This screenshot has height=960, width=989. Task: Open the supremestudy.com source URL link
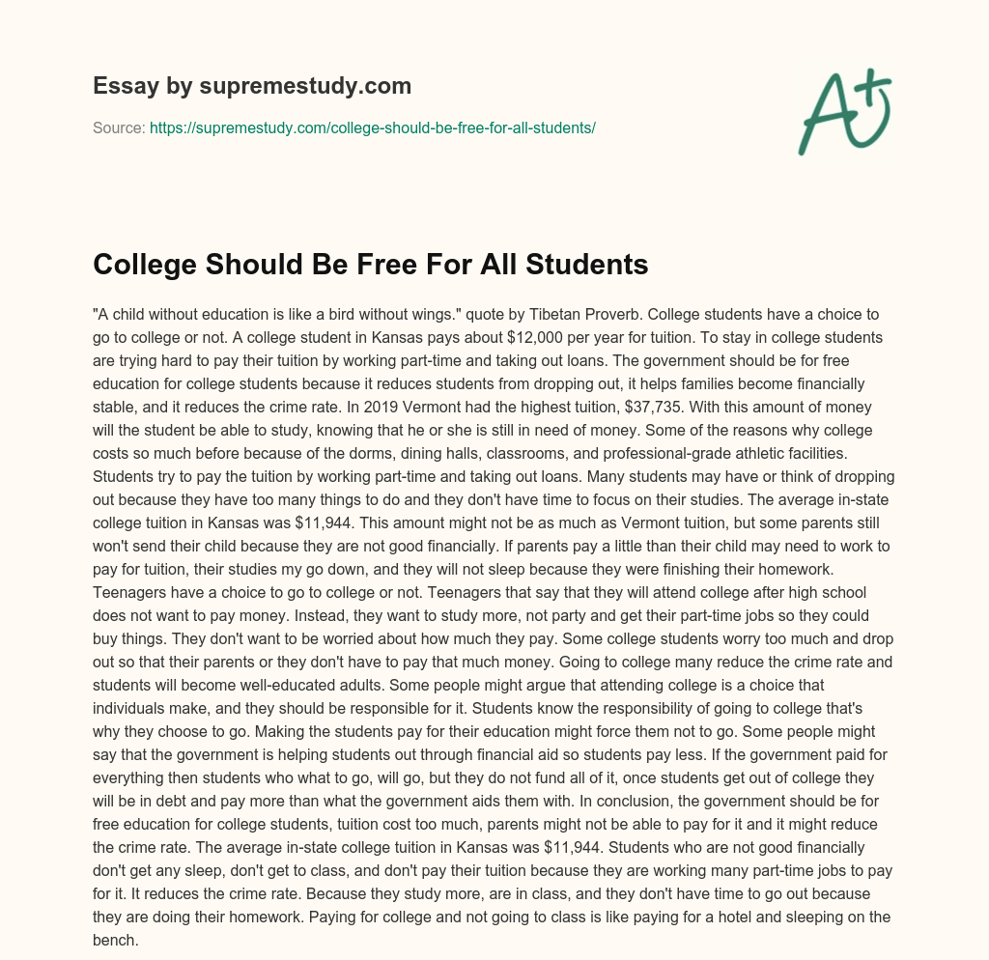(x=372, y=127)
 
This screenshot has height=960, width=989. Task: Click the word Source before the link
(x=118, y=127)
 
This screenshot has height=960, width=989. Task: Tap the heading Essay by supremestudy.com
(x=252, y=86)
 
